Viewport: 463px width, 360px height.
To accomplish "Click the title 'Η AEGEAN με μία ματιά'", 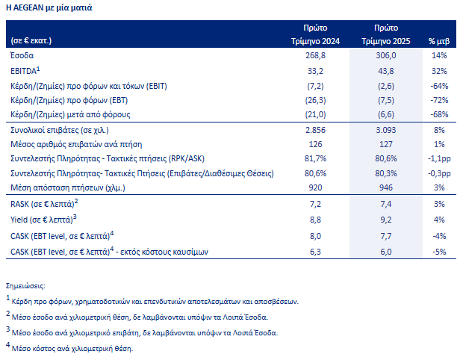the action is pyautogui.click(x=49, y=7).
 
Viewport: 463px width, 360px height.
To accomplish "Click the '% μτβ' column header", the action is pyautogui.click(x=439, y=41).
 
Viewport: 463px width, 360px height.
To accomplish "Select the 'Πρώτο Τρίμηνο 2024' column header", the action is pyautogui.click(x=315, y=34).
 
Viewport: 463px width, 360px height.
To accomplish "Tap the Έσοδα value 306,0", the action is pyautogui.click(x=386, y=55).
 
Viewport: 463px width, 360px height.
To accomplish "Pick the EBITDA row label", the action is pyautogui.click(x=25, y=71).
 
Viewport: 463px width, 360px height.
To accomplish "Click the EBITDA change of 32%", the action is pyautogui.click(x=439, y=71).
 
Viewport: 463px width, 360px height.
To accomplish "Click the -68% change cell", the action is pyautogui.click(x=439, y=114).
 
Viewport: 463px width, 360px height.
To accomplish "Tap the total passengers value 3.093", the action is pyautogui.click(x=386, y=130).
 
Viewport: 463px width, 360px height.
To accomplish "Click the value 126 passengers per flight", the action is pyautogui.click(x=315, y=144).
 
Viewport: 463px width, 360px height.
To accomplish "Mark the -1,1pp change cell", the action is pyautogui.click(x=439, y=158).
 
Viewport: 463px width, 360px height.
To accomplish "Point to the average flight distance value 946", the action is pyautogui.click(x=386, y=187).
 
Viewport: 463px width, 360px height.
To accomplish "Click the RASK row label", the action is pyautogui.click(x=44, y=203).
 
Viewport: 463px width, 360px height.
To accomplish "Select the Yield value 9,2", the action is pyautogui.click(x=386, y=220).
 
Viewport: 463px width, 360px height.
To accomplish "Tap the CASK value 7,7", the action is pyautogui.click(x=386, y=236).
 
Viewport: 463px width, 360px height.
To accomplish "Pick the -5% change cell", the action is pyautogui.click(x=439, y=252).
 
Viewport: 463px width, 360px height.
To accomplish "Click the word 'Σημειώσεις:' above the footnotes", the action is pyautogui.click(x=25, y=286).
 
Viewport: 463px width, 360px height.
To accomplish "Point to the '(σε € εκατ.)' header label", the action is pyautogui.click(x=31, y=41).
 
